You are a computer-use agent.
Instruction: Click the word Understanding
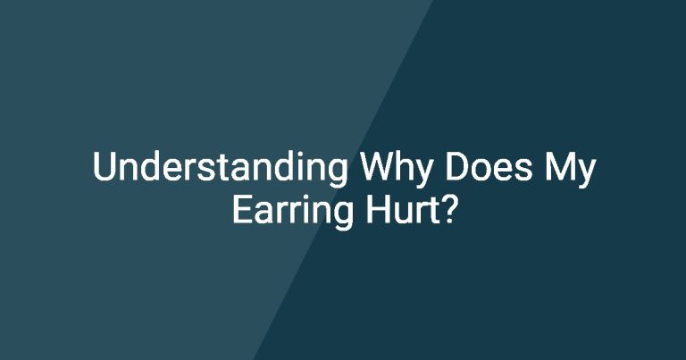point(221,169)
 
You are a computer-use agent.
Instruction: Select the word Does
point(489,167)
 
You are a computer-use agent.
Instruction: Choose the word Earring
point(292,212)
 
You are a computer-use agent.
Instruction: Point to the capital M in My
point(561,167)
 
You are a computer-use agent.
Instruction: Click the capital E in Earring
point(242,210)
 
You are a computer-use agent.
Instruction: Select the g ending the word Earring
point(343,216)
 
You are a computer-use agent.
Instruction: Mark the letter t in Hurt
point(431,212)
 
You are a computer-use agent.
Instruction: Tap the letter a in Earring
point(264,213)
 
